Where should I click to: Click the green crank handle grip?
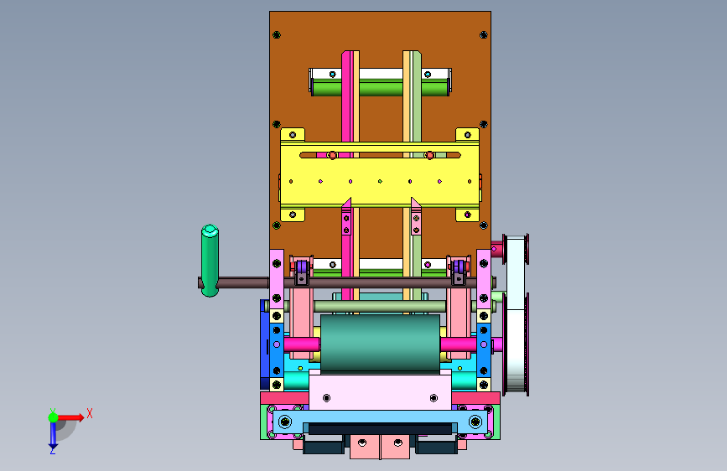[210, 261]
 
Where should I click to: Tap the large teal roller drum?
[380, 343]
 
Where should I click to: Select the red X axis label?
[90, 413]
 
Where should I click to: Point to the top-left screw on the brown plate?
[277, 34]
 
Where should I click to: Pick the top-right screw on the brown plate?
[483, 34]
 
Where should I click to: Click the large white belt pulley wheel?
[516, 315]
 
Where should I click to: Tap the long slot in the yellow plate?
[380, 155]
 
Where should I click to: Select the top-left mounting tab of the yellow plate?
[293, 135]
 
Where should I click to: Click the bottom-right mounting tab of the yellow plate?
[467, 215]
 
